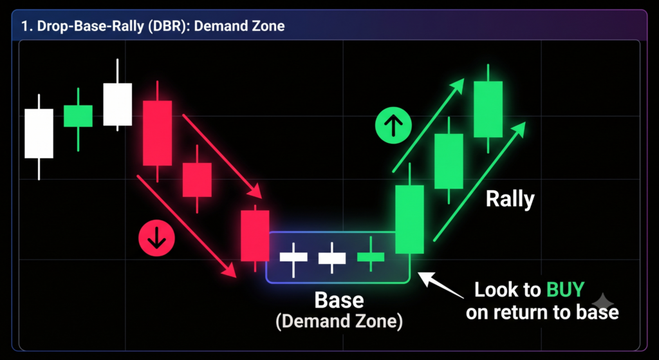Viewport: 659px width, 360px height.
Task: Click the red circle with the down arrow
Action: (156, 240)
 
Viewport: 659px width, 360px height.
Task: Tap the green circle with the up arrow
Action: (393, 126)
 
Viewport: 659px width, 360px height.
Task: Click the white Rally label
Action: (510, 199)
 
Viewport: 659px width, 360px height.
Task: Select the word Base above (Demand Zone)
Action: (339, 300)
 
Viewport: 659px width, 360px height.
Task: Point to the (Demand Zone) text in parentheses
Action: (339, 322)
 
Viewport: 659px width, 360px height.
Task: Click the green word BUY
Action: (565, 290)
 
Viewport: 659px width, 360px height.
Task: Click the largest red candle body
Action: (157, 133)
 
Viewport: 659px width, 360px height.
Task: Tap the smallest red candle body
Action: (197, 180)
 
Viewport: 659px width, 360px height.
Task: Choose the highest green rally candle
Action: (488, 109)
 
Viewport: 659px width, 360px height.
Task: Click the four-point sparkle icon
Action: (602, 303)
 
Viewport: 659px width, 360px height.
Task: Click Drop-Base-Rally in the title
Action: (93, 26)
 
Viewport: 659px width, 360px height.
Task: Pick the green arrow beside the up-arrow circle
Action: (428, 126)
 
